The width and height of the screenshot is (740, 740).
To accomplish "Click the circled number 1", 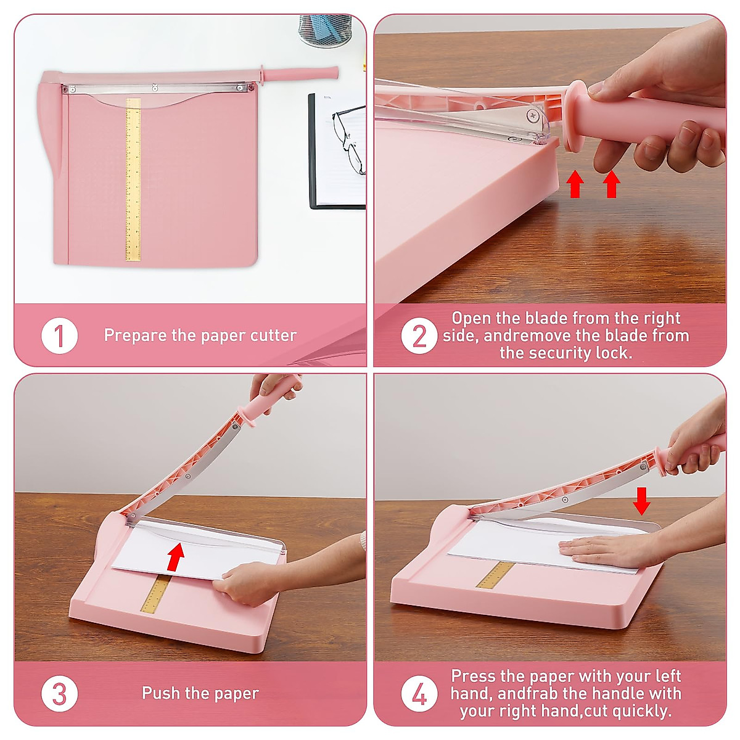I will pos(59,336).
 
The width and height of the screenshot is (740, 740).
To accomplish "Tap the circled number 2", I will pos(419,336).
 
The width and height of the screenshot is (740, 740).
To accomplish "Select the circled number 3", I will pos(59,694).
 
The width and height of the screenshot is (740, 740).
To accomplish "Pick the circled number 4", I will pos(419,694).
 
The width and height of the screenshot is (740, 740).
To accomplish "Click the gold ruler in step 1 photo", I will pos(133,179).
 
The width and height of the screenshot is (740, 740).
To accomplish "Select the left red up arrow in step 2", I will pos(575,184).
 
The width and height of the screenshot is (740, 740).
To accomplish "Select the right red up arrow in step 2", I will pos(611,184).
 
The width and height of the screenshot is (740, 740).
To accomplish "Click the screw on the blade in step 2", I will pos(532,115).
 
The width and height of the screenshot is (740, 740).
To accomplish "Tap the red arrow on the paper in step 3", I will pos(176,556).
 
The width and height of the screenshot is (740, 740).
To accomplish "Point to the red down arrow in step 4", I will pos(641,501).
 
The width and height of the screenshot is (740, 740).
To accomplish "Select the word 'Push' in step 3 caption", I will pos(158,693).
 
